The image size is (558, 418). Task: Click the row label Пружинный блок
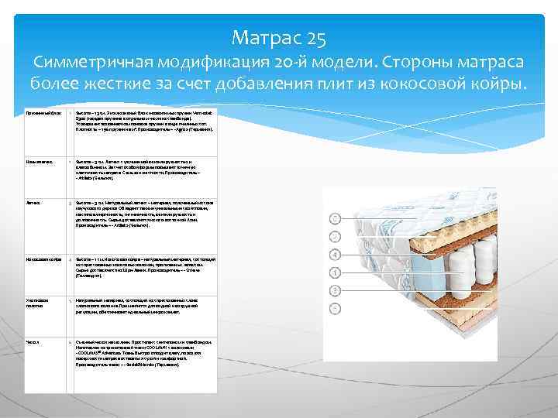(42, 112)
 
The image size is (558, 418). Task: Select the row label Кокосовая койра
(43, 258)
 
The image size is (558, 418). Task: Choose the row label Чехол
(33, 341)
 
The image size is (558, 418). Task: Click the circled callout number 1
(336, 272)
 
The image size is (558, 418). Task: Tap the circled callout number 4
(336, 255)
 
